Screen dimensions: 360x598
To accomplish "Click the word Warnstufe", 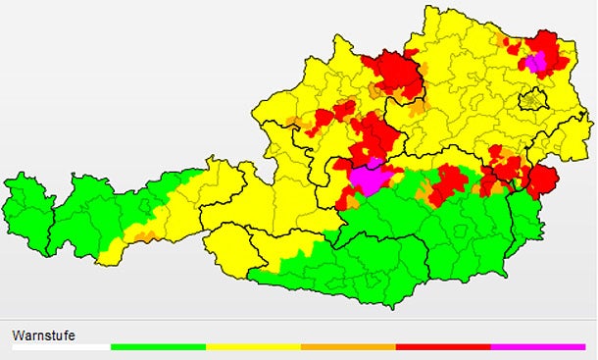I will (x=43, y=335).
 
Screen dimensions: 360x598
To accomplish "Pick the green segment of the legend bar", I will (x=158, y=347).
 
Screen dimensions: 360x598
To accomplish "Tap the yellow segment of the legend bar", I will (x=253, y=347).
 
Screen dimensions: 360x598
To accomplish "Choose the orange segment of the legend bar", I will (x=348, y=347).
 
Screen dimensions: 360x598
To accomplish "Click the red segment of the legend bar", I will (x=443, y=347).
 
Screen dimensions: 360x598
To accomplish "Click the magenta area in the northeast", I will (x=534, y=62).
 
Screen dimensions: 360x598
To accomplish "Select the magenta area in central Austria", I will (x=369, y=179).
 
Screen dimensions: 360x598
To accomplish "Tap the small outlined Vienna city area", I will (x=534, y=99).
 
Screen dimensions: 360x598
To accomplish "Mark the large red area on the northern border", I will (x=392, y=74).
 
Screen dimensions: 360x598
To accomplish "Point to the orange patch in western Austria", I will (x=143, y=235).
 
